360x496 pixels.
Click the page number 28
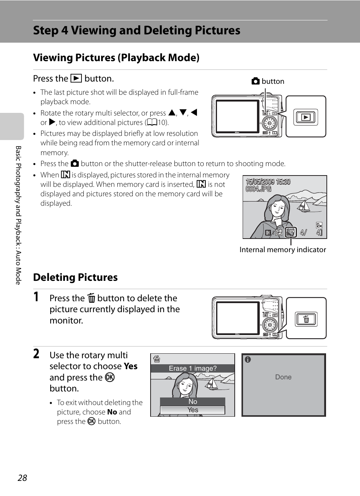pyautogui.click(x=22, y=478)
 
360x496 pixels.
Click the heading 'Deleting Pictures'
pyautogui.click(x=75, y=277)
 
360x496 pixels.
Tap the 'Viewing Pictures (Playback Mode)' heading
pyautogui.click(x=116, y=58)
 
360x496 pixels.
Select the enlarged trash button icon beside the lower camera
pyautogui.click(x=306, y=319)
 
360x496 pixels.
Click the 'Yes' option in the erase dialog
pyautogui.click(x=193, y=410)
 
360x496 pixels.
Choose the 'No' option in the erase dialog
pyautogui.click(x=193, y=402)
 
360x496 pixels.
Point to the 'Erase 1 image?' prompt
pyautogui.click(x=192, y=368)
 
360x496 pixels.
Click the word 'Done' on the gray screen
pyautogui.click(x=283, y=377)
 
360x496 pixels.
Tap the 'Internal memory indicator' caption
pyautogui.click(x=283, y=250)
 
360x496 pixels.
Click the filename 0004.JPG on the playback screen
pyautogui.click(x=258, y=189)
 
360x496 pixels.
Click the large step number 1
pyautogui.click(x=36, y=297)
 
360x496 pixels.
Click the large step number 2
pyautogui.click(x=36, y=354)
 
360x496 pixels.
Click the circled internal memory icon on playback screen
pyautogui.click(x=291, y=232)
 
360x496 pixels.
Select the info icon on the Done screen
pyautogui.click(x=248, y=360)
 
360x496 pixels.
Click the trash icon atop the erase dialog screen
pyautogui.click(x=157, y=359)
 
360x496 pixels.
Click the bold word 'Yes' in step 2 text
pyautogui.click(x=131, y=366)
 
